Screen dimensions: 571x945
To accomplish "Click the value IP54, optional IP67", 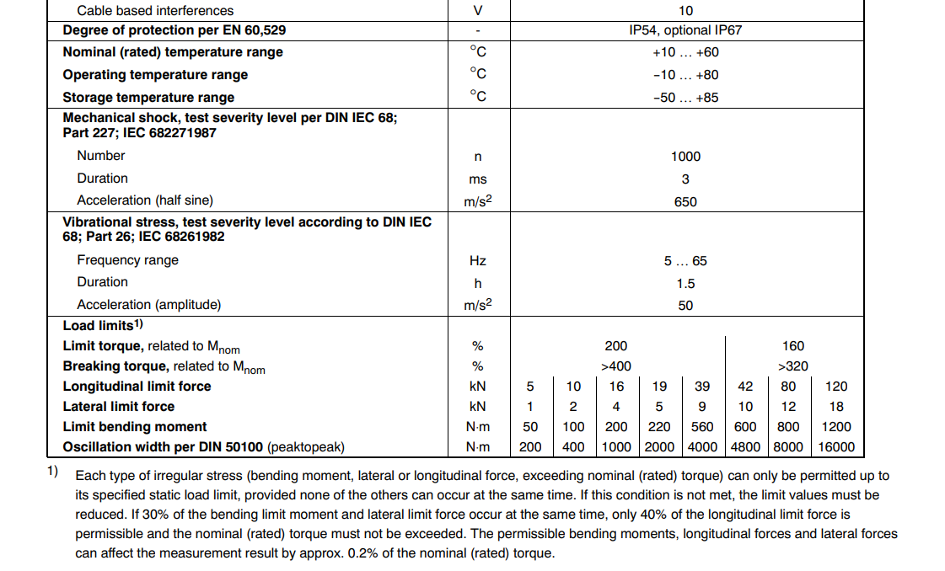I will [x=685, y=30].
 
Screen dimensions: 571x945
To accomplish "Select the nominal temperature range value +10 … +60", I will [x=685, y=52].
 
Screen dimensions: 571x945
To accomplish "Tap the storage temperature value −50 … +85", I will [x=685, y=97].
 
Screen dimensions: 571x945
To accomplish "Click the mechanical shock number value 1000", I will [x=685, y=156].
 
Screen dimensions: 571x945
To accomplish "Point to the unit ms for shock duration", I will [x=478, y=179].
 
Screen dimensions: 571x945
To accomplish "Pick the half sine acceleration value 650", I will [x=685, y=201].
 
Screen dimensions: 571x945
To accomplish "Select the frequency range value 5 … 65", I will [x=685, y=261].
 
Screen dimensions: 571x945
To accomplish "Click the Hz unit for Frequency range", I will [x=478, y=261].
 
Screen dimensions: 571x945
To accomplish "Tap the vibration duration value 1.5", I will [x=685, y=284].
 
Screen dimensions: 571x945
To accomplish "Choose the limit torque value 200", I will [x=616, y=346].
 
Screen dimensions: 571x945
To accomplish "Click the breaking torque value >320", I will [x=792, y=366].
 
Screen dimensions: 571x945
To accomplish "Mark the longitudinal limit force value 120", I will [x=836, y=387].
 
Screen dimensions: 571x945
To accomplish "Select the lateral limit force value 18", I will [x=836, y=407].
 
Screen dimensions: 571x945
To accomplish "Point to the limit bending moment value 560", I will [x=702, y=427].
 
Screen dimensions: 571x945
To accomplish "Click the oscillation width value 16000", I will [x=836, y=447].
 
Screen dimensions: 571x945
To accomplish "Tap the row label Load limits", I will [x=99, y=325].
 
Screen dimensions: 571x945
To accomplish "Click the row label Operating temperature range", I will [x=155, y=75].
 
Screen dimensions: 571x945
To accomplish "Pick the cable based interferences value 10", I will [x=685, y=11].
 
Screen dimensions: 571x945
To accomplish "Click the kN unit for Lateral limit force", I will [x=478, y=407].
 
